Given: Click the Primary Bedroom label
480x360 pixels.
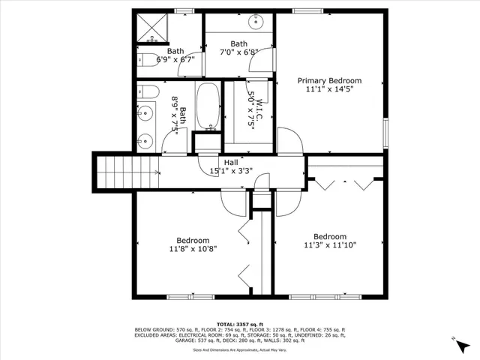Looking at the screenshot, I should click(329, 80).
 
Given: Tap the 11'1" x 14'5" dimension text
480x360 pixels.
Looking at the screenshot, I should click(329, 89).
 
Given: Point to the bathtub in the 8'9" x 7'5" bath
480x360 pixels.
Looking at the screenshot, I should click(208, 107).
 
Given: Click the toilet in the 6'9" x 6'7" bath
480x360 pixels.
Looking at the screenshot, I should click(145, 60).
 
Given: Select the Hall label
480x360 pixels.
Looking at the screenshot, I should click(231, 161).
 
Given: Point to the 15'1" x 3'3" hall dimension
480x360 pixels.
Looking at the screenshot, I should click(231, 170).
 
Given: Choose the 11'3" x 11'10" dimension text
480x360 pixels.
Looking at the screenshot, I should click(330, 244).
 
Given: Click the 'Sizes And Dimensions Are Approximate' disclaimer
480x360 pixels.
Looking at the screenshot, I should click(240, 349).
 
